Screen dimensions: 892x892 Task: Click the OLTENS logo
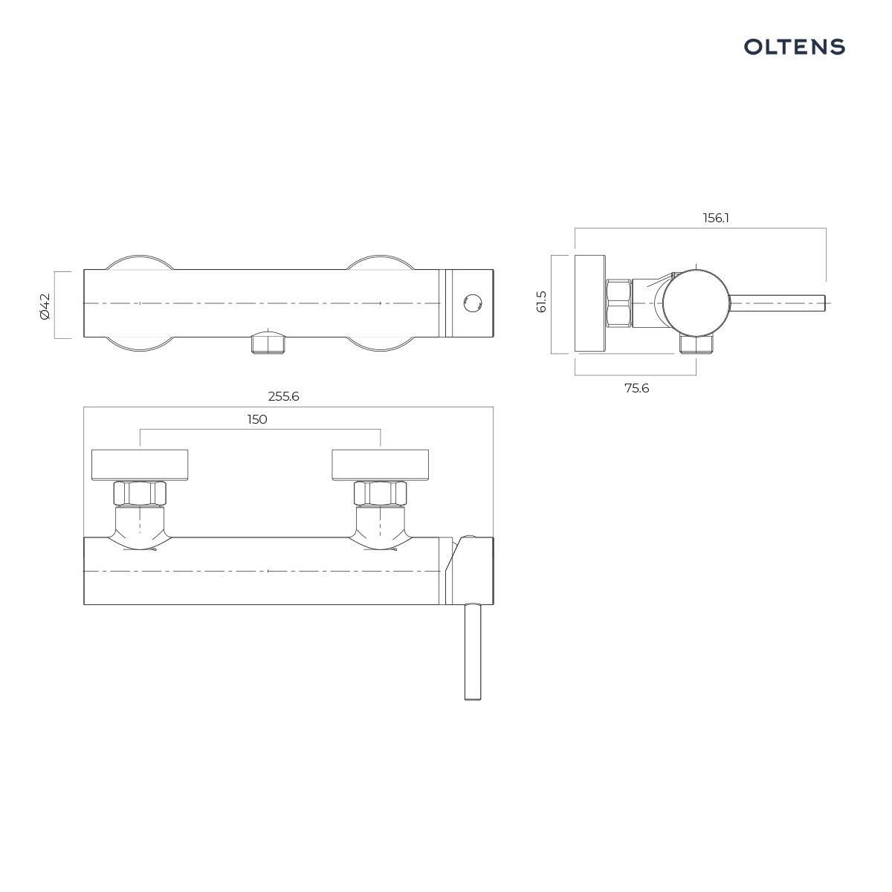coord(795,47)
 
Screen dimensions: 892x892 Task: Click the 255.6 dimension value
coord(283,396)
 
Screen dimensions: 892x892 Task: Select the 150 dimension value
coord(257,419)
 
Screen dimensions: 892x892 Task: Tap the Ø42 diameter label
coord(45,306)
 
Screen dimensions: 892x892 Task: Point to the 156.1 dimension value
coord(716,218)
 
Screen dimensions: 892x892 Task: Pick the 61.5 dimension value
coord(541,301)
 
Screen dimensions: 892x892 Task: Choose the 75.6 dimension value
coord(636,387)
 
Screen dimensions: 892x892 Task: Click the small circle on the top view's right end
coord(472,303)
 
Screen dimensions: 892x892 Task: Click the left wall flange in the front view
coord(139,465)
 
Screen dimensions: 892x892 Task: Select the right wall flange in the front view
coord(380,465)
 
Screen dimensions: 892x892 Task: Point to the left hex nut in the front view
coord(139,492)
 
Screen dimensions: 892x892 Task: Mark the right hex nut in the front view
coord(380,492)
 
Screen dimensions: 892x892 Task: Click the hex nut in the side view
coord(618,303)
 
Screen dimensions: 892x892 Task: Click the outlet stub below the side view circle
coord(696,344)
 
